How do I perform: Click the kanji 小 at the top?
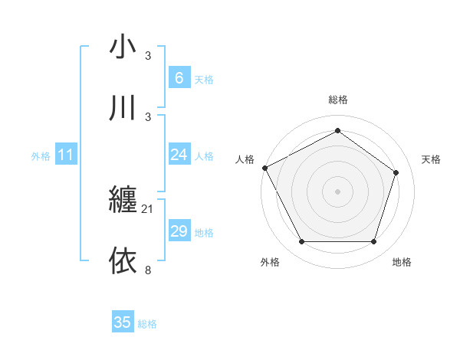coord(123,47)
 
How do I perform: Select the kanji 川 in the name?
coord(123,109)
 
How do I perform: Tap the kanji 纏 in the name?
coord(123,201)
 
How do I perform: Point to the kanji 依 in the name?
coord(123,261)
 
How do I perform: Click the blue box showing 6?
coord(179,77)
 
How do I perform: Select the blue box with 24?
coord(179,155)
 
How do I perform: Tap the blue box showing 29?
coord(179,231)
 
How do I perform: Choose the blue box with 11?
coord(66,155)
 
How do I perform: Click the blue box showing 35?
coord(123,322)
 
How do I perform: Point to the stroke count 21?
coord(148,208)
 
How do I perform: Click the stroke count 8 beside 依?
coord(148,270)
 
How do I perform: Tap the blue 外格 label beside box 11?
coord(41,155)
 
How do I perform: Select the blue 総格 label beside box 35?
coord(147,323)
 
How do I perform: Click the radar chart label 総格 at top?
coord(337,100)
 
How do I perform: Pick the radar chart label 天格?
coord(431,159)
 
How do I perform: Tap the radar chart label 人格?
coord(245,159)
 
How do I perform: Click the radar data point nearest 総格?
coord(337,131)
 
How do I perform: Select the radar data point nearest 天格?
coord(396,172)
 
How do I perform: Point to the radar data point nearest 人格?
coord(264,168)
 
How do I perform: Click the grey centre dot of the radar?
coord(337,191)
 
